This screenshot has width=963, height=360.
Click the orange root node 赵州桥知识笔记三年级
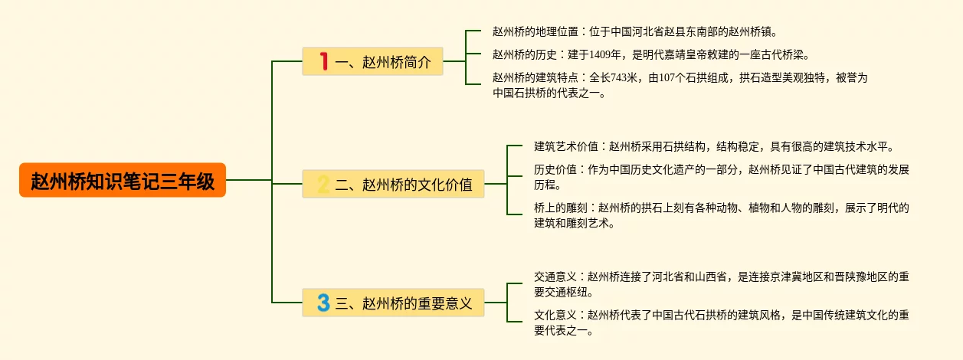click(x=123, y=181)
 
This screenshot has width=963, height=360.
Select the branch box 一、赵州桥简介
click(x=373, y=61)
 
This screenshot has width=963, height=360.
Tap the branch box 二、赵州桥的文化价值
click(x=394, y=184)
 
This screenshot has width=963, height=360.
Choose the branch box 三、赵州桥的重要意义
click(x=394, y=303)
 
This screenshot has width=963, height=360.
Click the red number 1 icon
click(x=323, y=61)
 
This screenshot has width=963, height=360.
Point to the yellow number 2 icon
click(x=323, y=184)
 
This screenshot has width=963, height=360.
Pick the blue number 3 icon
click(x=323, y=303)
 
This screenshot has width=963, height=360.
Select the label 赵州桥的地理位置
click(x=536, y=32)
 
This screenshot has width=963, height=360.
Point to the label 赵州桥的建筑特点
click(x=536, y=77)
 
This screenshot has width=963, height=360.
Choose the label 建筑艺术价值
click(x=565, y=146)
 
